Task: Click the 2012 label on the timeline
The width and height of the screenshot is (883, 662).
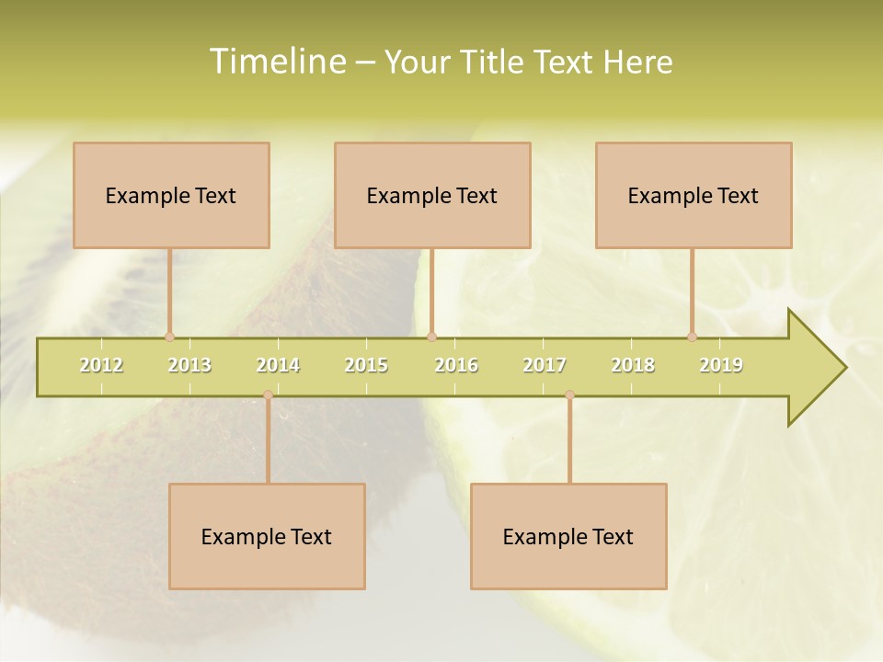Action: click(x=101, y=365)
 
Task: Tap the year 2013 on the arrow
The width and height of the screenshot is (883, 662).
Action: click(x=189, y=365)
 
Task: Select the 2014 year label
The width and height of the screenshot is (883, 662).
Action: click(x=278, y=365)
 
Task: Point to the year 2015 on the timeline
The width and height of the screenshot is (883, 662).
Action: click(x=366, y=365)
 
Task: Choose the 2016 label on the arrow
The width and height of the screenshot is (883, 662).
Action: click(x=456, y=365)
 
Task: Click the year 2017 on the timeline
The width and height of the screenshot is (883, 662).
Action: click(x=545, y=365)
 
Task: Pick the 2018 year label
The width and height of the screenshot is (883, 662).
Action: click(x=633, y=365)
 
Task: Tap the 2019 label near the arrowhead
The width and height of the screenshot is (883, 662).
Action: click(x=721, y=365)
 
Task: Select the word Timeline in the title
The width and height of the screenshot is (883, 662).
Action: click(x=277, y=62)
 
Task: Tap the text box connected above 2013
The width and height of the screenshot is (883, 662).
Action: click(x=171, y=195)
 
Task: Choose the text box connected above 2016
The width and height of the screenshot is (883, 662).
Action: click(x=432, y=195)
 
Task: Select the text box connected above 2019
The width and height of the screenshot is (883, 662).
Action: click(x=694, y=195)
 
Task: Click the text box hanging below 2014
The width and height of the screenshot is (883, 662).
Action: click(x=267, y=536)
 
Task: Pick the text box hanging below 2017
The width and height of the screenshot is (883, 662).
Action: click(x=568, y=536)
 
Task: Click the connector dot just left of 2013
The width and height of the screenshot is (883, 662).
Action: click(x=169, y=337)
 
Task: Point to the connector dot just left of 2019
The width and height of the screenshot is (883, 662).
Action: click(x=692, y=337)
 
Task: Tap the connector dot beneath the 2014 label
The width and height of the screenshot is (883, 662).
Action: click(x=268, y=395)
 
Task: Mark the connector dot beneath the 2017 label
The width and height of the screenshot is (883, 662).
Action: click(x=569, y=395)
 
